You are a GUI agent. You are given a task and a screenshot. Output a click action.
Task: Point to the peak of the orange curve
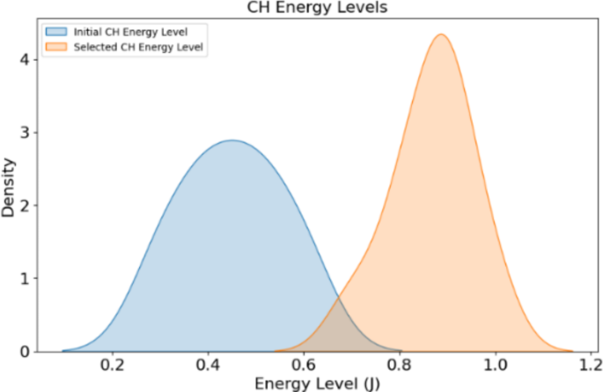pyautogui.click(x=440, y=35)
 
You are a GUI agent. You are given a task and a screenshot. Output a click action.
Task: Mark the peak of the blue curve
pyautogui.click(x=232, y=140)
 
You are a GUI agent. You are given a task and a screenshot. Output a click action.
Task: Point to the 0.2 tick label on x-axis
pyautogui.click(x=112, y=366)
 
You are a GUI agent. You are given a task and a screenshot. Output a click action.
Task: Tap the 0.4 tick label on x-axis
pyautogui.click(x=208, y=366)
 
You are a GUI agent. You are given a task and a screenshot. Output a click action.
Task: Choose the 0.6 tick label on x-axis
pyautogui.click(x=304, y=366)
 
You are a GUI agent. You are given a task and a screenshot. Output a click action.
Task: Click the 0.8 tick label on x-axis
pyautogui.click(x=400, y=366)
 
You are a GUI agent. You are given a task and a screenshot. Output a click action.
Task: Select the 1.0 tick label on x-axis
pyautogui.click(x=496, y=366)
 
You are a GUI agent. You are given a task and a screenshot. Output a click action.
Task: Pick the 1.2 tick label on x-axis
pyautogui.click(x=591, y=366)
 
